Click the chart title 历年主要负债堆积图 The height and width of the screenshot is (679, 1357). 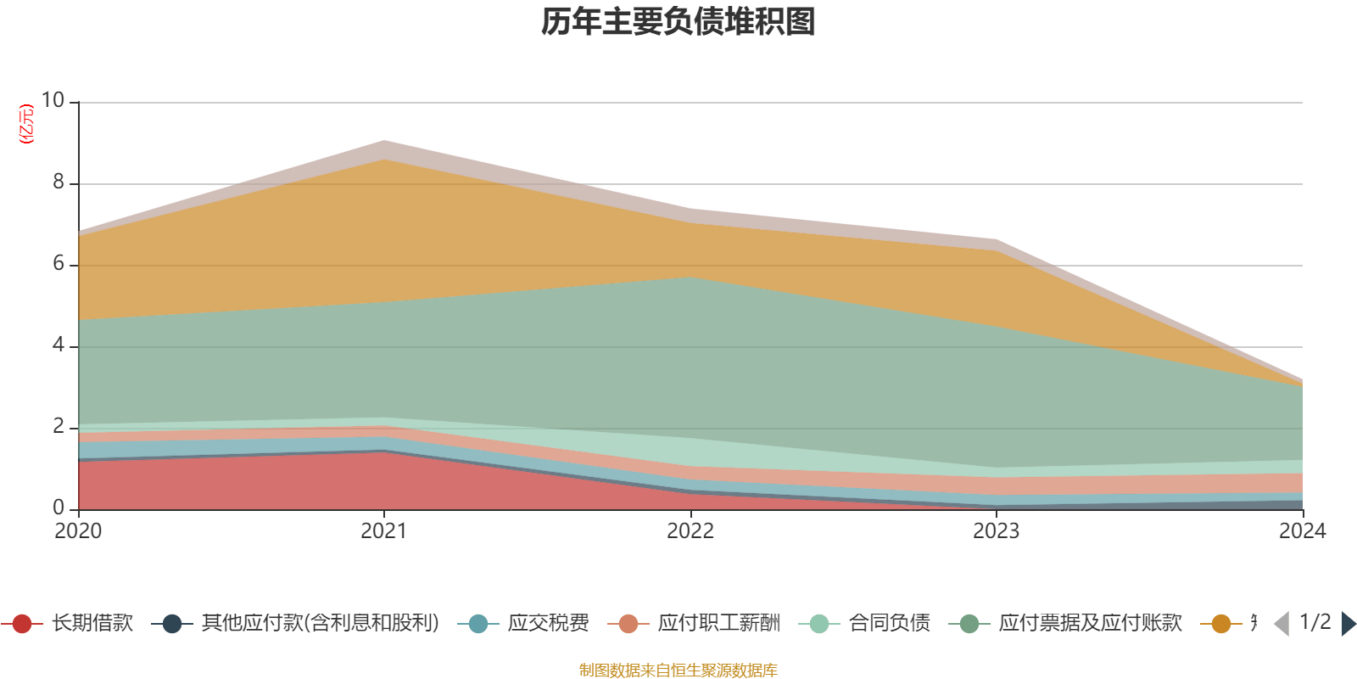pyautogui.click(x=678, y=22)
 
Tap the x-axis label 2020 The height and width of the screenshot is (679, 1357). pyautogui.click(x=78, y=531)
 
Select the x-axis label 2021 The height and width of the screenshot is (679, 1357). pyautogui.click(x=384, y=531)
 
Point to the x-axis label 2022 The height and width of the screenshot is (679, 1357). pyautogui.click(x=690, y=531)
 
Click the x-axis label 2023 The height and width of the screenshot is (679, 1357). pyautogui.click(x=997, y=531)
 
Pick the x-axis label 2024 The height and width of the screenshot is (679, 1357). pyautogui.click(x=1302, y=531)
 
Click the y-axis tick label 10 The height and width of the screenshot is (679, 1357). pyautogui.click(x=53, y=101)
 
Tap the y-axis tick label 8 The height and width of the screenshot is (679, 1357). pyautogui.click(x=59, y=182)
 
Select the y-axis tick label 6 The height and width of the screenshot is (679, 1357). pyautogui.click(x=59, y=264)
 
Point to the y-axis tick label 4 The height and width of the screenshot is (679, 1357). pyautogui.click(x=59, y=345)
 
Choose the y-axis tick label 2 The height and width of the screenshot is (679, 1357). pyautogui.click(x=59, y=427)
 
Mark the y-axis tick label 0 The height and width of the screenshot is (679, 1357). pyautogui.click(x=59, y=508)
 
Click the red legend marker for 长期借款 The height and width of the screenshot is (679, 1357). pyautogui.click(x=22, y=624)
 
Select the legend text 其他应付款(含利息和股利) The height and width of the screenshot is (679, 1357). pyautogui.click(x=320, y=624)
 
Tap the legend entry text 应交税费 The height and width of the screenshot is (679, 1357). pyautogui.click(x=548, y=624)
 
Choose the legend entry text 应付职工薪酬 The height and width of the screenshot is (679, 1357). pyautogui.click(x=718, y=624)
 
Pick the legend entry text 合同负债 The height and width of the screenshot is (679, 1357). pyautogui.click(x=889, y=624)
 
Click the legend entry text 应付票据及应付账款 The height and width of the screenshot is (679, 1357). pyautogui.click(x=1090, y=624)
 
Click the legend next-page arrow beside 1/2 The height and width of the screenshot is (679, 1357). pyautogui.click(x=1348, y=624)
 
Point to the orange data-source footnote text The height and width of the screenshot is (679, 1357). pyautogui.click(x=678, y=671)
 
